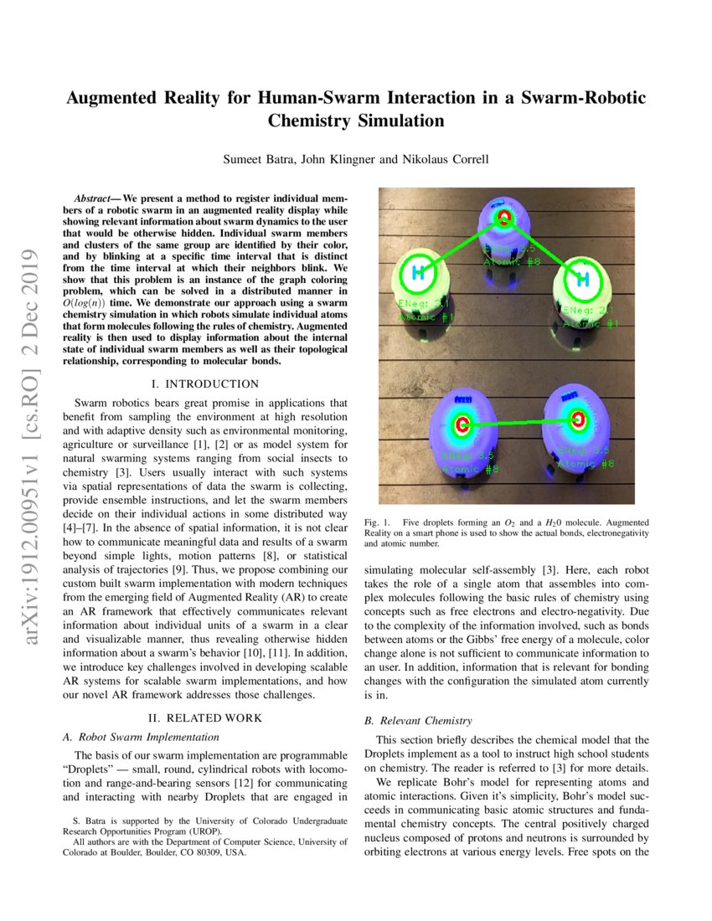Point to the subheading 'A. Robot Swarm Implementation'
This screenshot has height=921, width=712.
pyautogui.click(x=142, y=737)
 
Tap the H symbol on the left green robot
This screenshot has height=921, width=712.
pyautogui.click(x=416, y=273)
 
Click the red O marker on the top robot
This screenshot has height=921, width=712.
pyautogui.click(x=503, y=219)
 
